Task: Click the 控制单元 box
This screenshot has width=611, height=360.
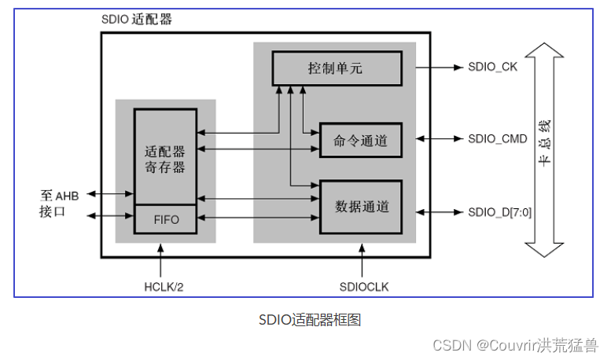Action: [337, 68]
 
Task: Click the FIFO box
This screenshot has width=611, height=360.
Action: [165, 219]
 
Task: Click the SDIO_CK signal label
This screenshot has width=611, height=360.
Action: [492, 68]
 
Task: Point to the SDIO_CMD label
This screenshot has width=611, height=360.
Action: [497, 139]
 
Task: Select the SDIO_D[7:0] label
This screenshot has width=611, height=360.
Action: [500, 211]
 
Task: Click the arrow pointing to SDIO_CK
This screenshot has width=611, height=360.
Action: [440, 68]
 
